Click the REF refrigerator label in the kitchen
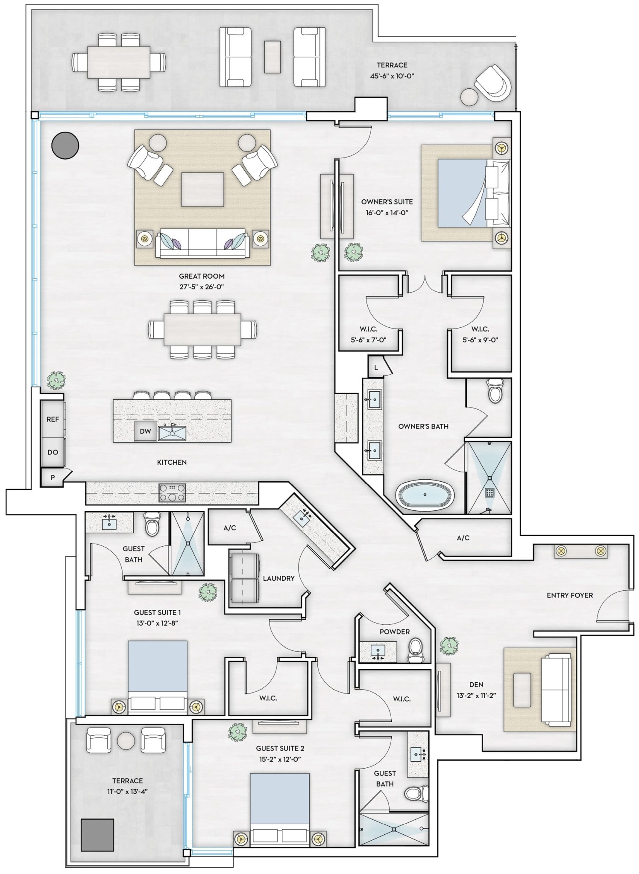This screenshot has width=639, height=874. point(53,419)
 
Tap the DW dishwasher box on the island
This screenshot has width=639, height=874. point(146,431)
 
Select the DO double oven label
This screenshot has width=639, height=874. point(53,452)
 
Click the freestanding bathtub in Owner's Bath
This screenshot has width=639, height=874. point(425,495)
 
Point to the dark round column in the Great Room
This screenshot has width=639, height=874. point(65,145)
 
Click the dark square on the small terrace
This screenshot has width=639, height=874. point(98,835)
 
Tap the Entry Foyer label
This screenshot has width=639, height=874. point(570,595)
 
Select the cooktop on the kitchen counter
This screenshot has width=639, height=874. point(172,492)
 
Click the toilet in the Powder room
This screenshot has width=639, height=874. point(415,650)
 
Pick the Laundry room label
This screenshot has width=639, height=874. point(279,578)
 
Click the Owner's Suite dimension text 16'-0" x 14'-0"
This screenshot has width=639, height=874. point(387,213)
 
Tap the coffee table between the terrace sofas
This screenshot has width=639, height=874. point(273,57)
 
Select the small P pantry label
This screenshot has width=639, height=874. point(53,478)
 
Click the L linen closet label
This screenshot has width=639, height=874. point(376,367)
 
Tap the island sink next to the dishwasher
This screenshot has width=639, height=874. point(172,432)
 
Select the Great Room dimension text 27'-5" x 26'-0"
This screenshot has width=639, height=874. point(202,287)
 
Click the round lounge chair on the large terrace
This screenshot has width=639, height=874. point(492,83)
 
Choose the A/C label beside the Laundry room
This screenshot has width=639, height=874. point(230,528)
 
